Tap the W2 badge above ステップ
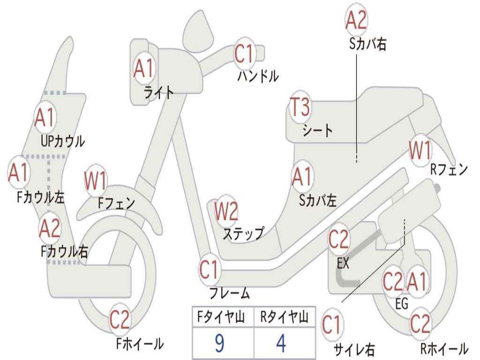point(226,211)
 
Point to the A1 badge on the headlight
point(143,68)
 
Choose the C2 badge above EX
point(338,240)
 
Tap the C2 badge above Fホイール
point(120,320)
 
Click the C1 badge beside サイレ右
point(331,325)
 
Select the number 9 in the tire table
point(219,344)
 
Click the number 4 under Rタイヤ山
point(281,344)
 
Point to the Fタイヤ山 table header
point(220,318)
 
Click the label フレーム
point(229,294)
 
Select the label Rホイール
point(443,349)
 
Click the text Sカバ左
point(318,201)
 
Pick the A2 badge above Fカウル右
point(50,228)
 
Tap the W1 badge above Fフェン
point(96,180)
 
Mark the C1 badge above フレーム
point(209,270)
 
